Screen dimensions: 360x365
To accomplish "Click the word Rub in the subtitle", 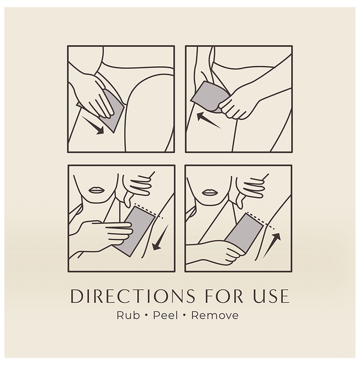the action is [128, 315].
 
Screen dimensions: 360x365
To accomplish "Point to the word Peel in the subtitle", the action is [165, 315].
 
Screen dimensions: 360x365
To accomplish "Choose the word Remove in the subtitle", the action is [215, 315].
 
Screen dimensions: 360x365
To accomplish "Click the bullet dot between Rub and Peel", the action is [146, 315].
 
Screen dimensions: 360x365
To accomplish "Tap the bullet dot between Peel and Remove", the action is [185, 315].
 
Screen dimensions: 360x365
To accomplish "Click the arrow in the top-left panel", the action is [93, 126].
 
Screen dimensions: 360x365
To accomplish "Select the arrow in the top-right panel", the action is [208, 120].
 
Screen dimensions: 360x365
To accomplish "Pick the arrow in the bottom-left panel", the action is [161, 237].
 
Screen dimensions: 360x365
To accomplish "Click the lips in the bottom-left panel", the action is [97, 190].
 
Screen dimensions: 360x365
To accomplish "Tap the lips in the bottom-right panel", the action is [210, 192].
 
